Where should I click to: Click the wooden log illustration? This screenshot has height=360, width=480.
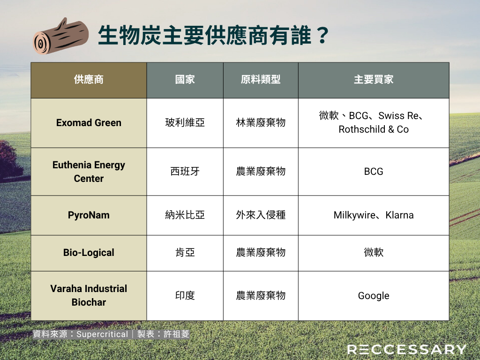pos(60,36)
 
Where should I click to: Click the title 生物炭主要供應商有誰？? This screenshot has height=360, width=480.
pos(213,36)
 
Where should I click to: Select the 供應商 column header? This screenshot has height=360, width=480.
pos(89,80)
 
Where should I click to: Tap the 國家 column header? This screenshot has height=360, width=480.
pos(185,80)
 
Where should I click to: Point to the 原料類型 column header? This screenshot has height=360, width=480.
pos(261,80)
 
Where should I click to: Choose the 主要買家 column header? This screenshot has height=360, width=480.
pos(374,80)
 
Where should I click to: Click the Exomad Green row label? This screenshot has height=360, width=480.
pos(89,123)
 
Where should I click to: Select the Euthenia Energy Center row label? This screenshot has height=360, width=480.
pos(89,172)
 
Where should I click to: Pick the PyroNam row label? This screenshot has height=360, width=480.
pos(89,215)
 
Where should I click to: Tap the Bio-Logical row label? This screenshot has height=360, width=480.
pos(89,253)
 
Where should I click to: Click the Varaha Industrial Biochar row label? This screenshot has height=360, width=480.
pos(89,295)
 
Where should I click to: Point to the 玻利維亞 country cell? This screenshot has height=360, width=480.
pos(185,123)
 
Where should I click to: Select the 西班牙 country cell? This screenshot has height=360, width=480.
pos(185,172)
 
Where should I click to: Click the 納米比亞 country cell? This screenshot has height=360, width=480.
pos(185,215)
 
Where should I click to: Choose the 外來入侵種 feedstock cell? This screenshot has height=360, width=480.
pos(261,215)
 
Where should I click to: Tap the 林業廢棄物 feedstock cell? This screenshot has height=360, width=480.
pos(261,123)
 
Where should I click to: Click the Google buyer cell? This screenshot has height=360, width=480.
pos(374,296)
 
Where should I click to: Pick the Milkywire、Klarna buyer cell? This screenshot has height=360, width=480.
pos(374,215)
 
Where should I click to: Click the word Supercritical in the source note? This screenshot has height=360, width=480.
pos(102,334)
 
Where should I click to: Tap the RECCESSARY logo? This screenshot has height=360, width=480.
pos(407,349)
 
